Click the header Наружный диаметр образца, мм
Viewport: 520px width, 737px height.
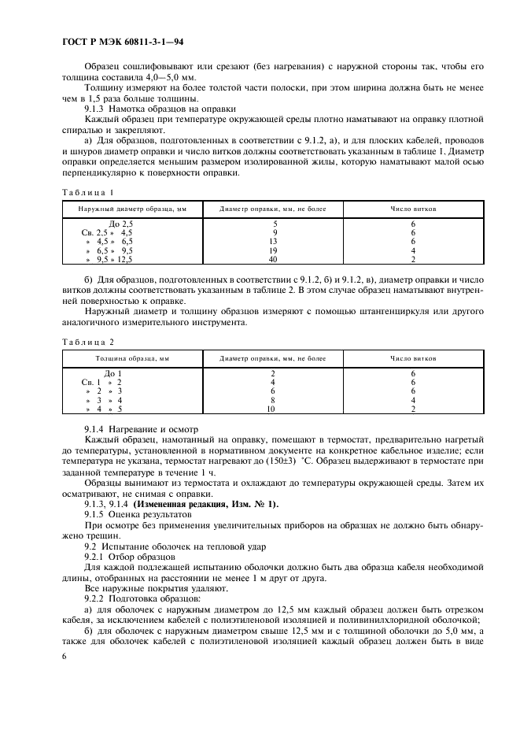tap(131, 209)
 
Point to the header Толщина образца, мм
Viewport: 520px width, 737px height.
tap(132, 358)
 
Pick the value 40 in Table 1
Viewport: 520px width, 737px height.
tap(273, 259)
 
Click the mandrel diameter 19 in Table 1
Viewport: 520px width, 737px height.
tap(273, 250)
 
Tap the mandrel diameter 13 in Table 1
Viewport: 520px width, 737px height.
tap(273, 242)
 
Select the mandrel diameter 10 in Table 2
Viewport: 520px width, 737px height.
tap(272, 409)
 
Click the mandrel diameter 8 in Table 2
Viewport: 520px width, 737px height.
tap(272, 400)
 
